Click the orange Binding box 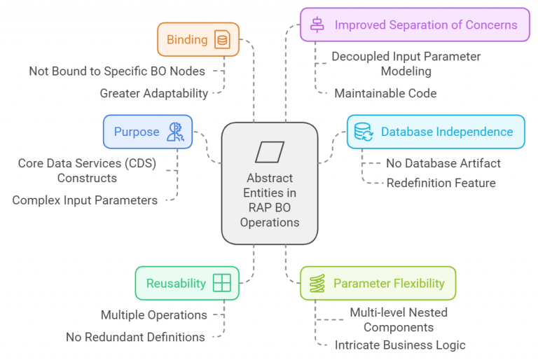click(x=198, y=39)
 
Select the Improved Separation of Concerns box click(x=415, y=25)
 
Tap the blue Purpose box click(x=149, y=132)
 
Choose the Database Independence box click(x=436, y=132)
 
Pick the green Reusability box click(x=187, y=283)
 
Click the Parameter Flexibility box click(x=378, y=283)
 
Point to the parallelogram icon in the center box click(x=270, y=151)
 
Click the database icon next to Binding click(x=222, y=40)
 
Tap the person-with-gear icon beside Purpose click(x=174, y=132)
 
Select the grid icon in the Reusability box click(x=221, y=283)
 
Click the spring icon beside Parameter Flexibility click(x=317, y=283)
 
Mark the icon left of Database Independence click(x=364, y=132)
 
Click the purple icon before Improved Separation click(x=317, y=25)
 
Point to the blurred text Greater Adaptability click(x=154, y=93)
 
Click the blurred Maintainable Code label click(x=386, y=93)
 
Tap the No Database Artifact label click(x=443, y=164)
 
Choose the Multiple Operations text click(x=154, y=315)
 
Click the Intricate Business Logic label click(x=400, y=345)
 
